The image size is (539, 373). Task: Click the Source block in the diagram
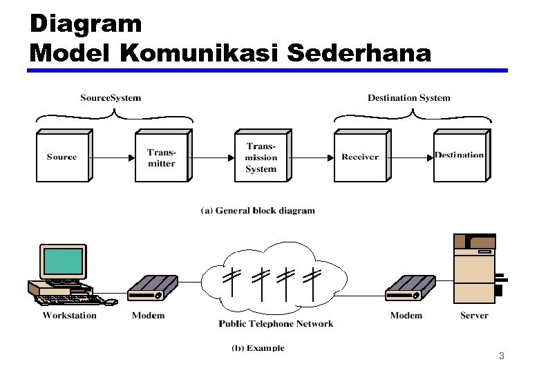tap(62, 157)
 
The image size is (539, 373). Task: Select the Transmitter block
tap(161, 157)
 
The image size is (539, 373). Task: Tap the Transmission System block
tap(261, 157)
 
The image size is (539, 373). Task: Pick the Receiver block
tap(359, 157)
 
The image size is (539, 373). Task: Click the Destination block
tap(460, 156)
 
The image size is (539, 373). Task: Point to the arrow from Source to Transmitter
tap(113, 157)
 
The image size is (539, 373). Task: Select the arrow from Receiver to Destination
tap(411, 157)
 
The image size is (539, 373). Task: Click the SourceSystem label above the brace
tap(111, 97)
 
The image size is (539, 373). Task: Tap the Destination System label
tap(408, 97)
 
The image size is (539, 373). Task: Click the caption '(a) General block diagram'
tap(258, 211)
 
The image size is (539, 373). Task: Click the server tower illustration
tap(474, 269)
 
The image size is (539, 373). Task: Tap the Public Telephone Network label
tap(276, 323)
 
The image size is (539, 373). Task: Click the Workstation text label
tap(69, 316)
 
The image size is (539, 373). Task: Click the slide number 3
tap(502, 356)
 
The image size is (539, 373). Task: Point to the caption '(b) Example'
tap(258, 348)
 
